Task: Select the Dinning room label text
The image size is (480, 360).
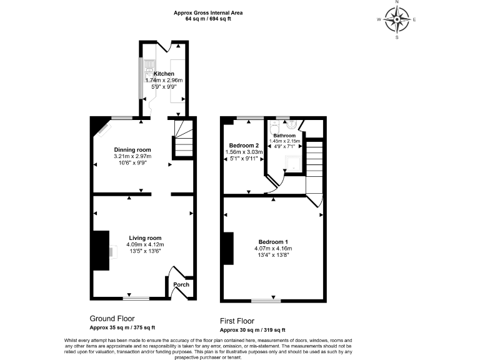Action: (132, 149)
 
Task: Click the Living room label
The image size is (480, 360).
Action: (145, 238)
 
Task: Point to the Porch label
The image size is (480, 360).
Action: (181, 285)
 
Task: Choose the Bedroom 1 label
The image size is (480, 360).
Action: (273, 242)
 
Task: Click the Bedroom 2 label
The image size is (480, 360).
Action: (241, 144)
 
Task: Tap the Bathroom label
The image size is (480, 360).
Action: (284, 136)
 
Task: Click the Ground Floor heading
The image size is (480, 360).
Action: (112, 318)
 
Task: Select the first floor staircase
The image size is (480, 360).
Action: (314, 162)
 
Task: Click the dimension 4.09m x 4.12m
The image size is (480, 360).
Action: (145, 244)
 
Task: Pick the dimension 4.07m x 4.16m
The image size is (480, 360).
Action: (273, 249)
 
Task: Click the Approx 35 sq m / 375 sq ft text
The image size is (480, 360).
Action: (122, 327)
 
